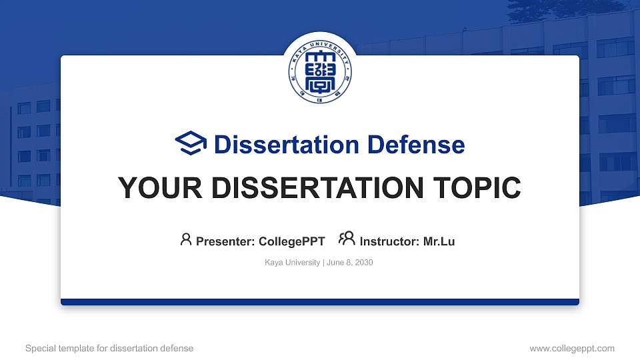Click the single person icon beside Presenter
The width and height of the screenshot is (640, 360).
[186, 239]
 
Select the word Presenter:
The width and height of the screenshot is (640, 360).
[225, 241]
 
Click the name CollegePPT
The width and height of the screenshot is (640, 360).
[291, 241]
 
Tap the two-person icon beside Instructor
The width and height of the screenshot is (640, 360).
[347, 239]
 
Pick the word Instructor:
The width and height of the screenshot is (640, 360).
[389, 241]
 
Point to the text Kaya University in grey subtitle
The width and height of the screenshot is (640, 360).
[292, 263]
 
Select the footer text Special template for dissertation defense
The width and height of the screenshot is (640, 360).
[109, 348]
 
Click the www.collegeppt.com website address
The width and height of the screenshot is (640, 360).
[572, 348]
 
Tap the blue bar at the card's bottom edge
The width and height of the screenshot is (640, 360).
[320, 302]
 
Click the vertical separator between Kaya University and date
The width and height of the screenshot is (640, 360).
[323, 263]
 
